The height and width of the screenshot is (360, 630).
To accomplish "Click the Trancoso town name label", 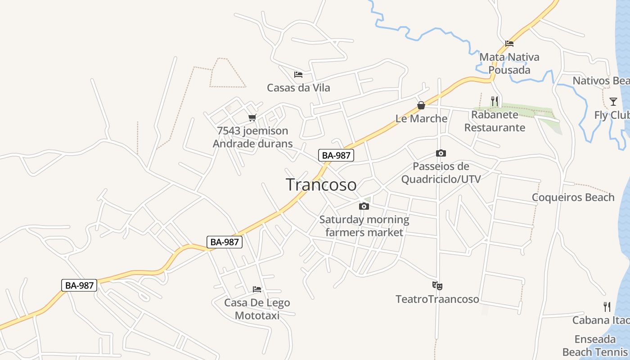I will click(x=321, y=184).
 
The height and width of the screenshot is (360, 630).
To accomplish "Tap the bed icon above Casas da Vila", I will click(x=298, y=75).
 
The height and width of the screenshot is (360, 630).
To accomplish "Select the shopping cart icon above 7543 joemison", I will click(x=252, y=118).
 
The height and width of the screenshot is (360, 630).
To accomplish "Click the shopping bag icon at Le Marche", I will click(x=421, y=106).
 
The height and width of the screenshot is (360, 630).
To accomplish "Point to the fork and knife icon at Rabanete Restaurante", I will click(x=495, y=101).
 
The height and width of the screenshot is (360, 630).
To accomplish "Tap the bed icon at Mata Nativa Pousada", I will click(x=509, y=44).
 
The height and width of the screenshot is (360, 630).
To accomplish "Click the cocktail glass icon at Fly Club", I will click(x=613, y=101).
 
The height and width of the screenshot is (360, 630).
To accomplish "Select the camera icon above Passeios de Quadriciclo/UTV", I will click(x=441, y=153).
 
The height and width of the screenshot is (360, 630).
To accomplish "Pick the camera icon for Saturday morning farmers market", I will click(x=364, y=207).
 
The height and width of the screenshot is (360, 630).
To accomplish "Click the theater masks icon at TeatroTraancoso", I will click(x=437, y=285).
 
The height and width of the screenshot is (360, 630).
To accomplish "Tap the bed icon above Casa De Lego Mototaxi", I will click(x=257, y=289).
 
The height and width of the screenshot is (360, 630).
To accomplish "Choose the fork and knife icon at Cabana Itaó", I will click(x=607, y=307).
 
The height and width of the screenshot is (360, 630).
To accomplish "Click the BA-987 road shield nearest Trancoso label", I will click(x=336, y=156).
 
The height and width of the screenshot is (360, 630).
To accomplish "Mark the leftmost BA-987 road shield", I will click(x=79, y=285).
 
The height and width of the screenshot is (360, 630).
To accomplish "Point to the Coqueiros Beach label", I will click(x=573, y=198).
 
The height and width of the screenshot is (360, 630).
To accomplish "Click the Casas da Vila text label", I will click(x=298, y=88).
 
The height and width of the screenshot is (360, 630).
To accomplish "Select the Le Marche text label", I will click(x=421, y=119).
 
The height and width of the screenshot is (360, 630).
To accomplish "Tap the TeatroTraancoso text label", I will click(x=437, y=299).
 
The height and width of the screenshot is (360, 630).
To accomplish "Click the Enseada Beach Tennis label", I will click(x=595, y=346).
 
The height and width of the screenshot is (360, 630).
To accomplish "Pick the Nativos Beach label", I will click(x=601, y=81).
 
